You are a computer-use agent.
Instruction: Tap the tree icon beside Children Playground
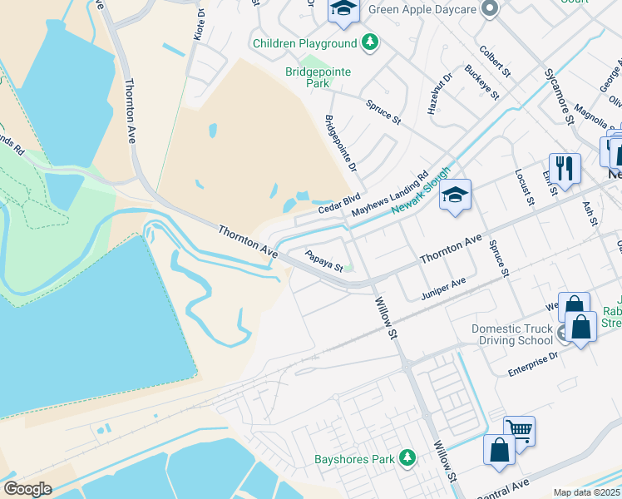point(369,42)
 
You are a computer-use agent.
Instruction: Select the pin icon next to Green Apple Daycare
point(490,9)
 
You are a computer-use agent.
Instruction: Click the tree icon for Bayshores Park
point(407,458)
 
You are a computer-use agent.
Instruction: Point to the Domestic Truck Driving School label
point(512,334)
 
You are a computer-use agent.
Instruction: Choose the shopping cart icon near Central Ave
point(519,430)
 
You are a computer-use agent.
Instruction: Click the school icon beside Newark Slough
point(455,195)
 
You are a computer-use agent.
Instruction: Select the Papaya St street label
point(324,261)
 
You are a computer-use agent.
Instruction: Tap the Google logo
point(27,489)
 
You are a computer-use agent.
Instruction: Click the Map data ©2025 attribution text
point(586,492)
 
